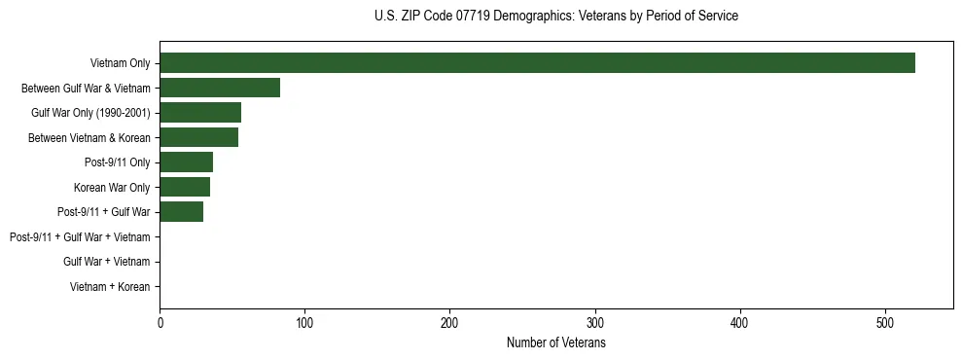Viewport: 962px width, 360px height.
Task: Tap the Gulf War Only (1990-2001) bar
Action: click(x=200, y=113)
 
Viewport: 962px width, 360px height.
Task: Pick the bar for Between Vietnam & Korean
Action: click(x=198, y=137)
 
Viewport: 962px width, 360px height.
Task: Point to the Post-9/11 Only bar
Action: click(x=186, y=162)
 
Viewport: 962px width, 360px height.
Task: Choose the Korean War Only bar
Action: click(x=185, y=187)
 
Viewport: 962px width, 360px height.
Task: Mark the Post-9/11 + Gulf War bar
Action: click(x=181, y=212)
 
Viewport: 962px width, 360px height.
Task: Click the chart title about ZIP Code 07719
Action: click(x=555, y=17)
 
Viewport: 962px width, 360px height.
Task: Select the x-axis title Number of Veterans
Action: click(x=555, y=343)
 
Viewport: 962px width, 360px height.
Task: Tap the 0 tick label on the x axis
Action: click(x=160, y=323)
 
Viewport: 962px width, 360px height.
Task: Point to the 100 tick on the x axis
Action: click(x=304, y=323)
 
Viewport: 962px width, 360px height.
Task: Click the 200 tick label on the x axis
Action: click(x=449, y=323)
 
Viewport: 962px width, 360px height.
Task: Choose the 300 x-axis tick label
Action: click(x=595, y=323)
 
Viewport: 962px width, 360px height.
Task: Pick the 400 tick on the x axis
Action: click(x=740, y=323)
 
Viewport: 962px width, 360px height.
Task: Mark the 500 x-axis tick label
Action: click(x=885, y=323)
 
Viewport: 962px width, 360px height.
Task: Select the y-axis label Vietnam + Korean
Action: click(x=110, y=287)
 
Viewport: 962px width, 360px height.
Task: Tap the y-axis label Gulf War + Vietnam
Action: click(x=106, y=262)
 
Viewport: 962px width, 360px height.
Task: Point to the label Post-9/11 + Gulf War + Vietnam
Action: click(x=80, y=237)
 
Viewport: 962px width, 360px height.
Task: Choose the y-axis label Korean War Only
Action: click(x=112, y=187)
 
